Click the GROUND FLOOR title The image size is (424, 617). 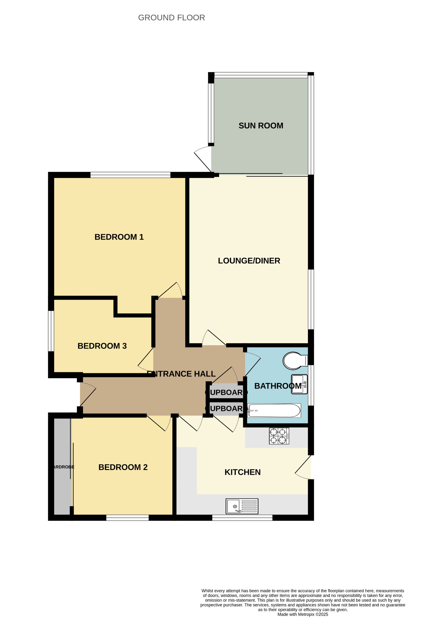point(172,18)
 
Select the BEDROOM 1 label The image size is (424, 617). point(119,237)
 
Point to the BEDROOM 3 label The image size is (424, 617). point(102,346)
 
